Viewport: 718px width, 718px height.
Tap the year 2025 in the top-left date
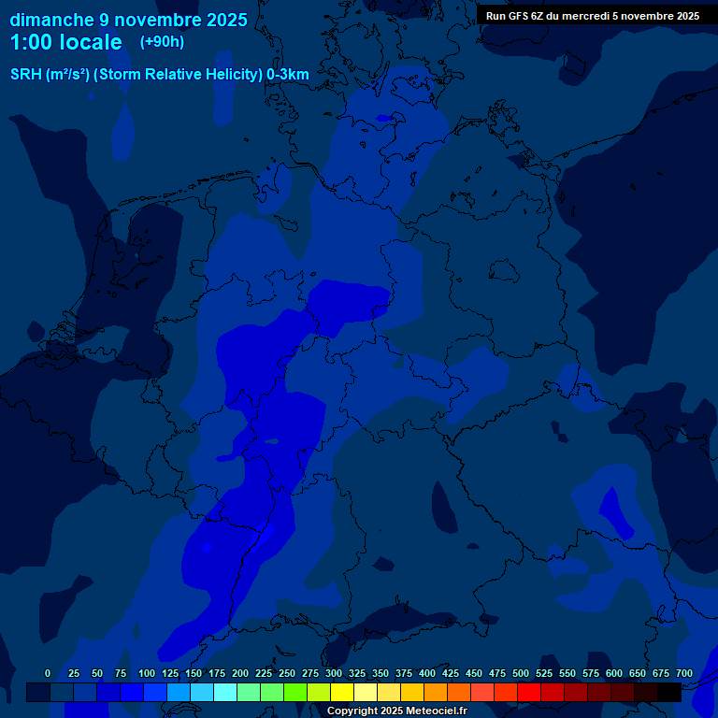pos(224,20)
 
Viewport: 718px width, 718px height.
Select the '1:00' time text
pos(30,43)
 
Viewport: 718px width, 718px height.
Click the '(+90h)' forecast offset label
pos(162,42)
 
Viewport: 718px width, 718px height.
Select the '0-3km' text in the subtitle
pos(288,74)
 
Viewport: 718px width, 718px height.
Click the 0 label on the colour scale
pos(48,673)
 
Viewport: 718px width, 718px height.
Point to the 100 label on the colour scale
pos(147,673)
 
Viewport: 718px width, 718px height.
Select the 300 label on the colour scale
pos(334,673)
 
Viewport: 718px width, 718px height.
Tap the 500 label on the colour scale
pos(521,673)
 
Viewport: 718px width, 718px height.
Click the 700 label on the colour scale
pos(684,673)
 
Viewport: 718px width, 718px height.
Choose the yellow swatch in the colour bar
pos(342,692)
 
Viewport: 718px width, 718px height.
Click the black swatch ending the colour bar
pos(669,692)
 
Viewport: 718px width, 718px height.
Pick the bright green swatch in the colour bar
pos(295,692)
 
